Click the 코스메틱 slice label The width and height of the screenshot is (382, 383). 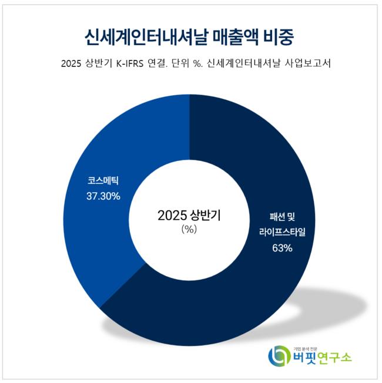pos(103,181)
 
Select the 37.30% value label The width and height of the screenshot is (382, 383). pos(103,196)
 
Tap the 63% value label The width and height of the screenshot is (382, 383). pos(282,248)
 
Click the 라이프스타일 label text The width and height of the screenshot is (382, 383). pos(282,233)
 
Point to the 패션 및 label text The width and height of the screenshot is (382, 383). pos(282,217)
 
